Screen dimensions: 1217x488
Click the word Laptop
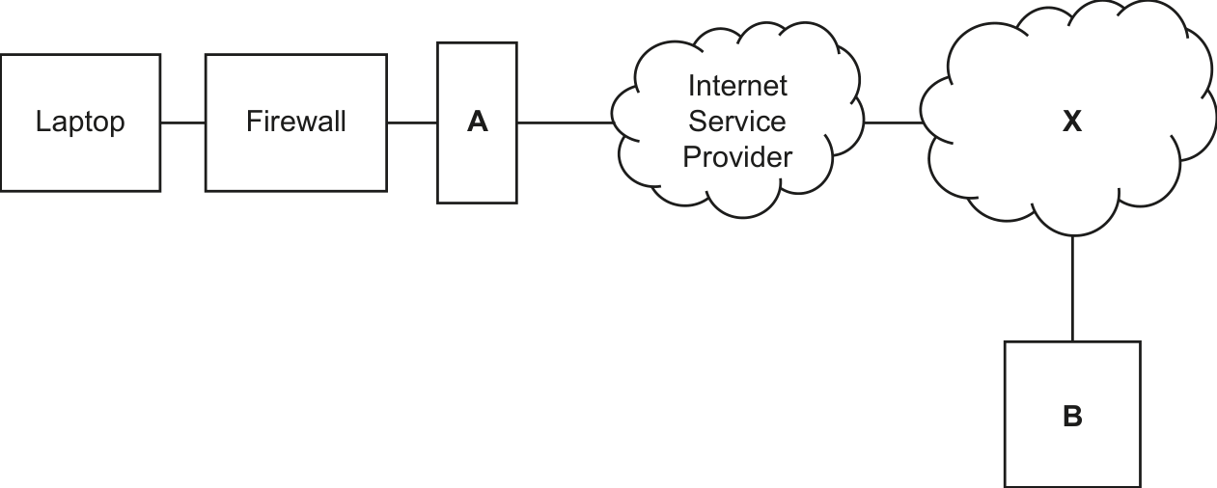[x=80, y=122]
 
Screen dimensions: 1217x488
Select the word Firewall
[x=296, y=122]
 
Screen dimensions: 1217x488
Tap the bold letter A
[x=478, y=122]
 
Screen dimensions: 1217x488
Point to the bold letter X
[x=1072, y=122]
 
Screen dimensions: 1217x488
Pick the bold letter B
[x=1072, y=417]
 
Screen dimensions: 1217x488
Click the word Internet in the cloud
[x=737, y=86]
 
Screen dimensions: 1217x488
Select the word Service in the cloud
[x=736, y=122]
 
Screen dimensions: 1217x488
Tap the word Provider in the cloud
[x=737, y=157]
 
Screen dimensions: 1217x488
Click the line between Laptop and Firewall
[x=183, y=123]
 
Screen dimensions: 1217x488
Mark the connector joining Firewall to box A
[x=412, y=123]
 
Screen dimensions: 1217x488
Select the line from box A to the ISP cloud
[x=566, y=123]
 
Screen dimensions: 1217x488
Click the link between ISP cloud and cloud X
[x=893, y=123]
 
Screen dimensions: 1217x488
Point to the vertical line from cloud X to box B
[x=1072, y=288]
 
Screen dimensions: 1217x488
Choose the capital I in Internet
[x=691, y=86]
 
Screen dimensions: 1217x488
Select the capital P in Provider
[x=692, y=157]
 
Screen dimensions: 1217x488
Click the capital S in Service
[x=698, y=122]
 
